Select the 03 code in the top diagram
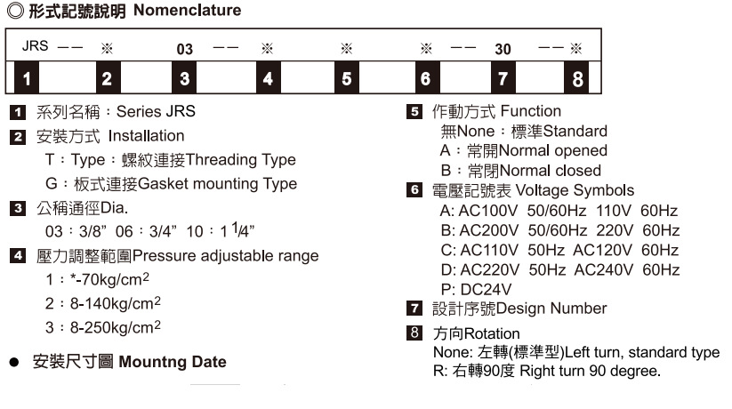[x=184, y=48]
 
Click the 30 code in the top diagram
[x=503, y=48]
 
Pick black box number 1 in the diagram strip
[x=27, y=79]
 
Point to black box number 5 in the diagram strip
[x=347, y=79]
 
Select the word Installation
[x=146, y=136]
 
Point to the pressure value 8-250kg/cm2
[x=103, y=327]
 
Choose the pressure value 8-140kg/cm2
[x=103, y=303]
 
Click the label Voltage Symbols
[x=575, y=190]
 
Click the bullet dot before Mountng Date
[x=14, y=363]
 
